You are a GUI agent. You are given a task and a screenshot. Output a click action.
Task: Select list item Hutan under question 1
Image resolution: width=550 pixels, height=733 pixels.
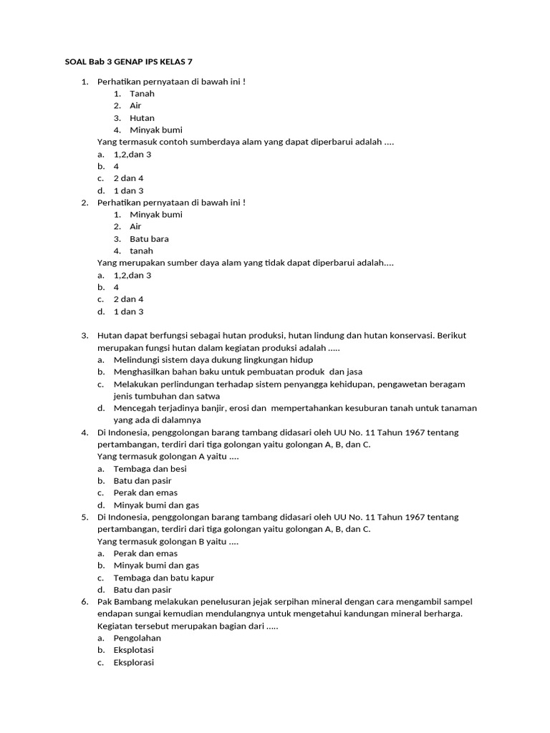(x=142, y=118)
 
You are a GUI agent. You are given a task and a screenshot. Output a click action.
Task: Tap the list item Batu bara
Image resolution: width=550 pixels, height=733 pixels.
(x=149, y=239)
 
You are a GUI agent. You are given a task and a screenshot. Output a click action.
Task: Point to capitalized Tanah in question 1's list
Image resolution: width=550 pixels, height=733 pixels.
(x=142, y=94)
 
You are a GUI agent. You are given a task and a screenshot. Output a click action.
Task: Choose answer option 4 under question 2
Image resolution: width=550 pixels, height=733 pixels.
(x=116, y=288)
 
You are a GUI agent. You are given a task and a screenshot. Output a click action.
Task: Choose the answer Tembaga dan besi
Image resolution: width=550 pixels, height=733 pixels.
(x=150, y=469)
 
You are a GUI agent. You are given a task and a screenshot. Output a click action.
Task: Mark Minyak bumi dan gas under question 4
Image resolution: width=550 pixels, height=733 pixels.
(x=156, y=505)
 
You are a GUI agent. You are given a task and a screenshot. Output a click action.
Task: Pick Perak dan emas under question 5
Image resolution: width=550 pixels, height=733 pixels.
(x=145, y=553)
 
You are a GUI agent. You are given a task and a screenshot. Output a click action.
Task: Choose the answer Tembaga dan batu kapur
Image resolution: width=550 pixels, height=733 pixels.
(x=163, y=578)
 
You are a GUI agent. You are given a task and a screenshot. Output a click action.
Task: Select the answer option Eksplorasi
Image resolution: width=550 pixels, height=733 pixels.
(x=133, y=663)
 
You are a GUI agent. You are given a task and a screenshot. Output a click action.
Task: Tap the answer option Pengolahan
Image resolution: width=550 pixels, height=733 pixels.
(x=137, y=639)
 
